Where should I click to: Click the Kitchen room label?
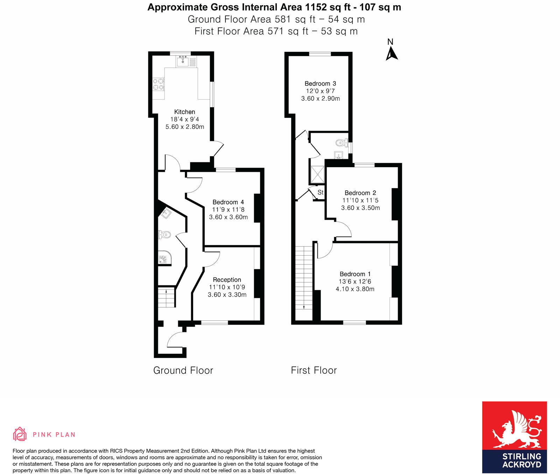click(x=184, y=112)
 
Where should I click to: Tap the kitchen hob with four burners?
click(x=158, y=84)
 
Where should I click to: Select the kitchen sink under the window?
click(x=183, y=62)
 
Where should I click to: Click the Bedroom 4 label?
click(x=228, y=202)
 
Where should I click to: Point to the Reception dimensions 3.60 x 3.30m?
click(x=227, y=294)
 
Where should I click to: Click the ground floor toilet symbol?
click(x=165, y=235)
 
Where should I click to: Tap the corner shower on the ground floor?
click(x=164, y=258)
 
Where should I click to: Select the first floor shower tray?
click(x=317, y=174)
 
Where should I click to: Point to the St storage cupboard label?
click(x=320, y=192)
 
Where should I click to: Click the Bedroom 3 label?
click(x=320, y=83)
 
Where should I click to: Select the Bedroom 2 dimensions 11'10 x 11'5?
click(x=360, y=200)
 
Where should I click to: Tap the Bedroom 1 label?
click(x=355, y=274)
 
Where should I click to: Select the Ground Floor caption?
click(x=183, y=370)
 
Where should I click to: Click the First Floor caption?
click(x=314, y=370)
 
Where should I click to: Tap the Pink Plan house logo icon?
click(x=20, y=434)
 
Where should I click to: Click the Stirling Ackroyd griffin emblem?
click(x=516, y=429)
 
